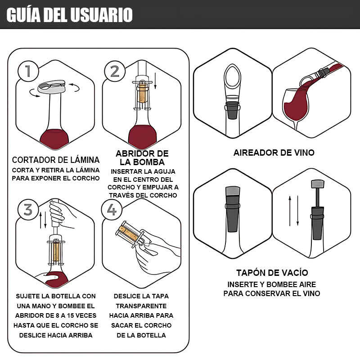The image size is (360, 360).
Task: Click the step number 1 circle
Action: pos(28,71)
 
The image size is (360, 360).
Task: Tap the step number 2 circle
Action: pos(115,71)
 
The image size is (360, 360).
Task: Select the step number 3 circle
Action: pos(28,210)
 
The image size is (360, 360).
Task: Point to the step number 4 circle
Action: pos(112,210)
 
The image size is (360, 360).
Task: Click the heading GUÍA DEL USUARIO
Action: pos(70,15)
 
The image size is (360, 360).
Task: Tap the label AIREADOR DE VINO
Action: pos(274,153)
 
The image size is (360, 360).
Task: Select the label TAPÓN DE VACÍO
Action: pos(272,273)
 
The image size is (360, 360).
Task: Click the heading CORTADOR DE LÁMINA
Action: pos(56,160)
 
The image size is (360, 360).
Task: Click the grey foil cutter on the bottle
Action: pos(51,86)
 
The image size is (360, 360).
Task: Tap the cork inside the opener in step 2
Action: pos(143,94)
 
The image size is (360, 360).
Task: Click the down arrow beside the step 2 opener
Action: pos(155,81)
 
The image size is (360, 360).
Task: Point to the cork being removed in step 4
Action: pos(129,234)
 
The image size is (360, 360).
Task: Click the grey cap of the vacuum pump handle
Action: pos(318,184)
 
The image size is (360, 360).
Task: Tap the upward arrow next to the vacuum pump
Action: pos(290,211)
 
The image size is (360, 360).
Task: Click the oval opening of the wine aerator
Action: pos(233,77)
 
